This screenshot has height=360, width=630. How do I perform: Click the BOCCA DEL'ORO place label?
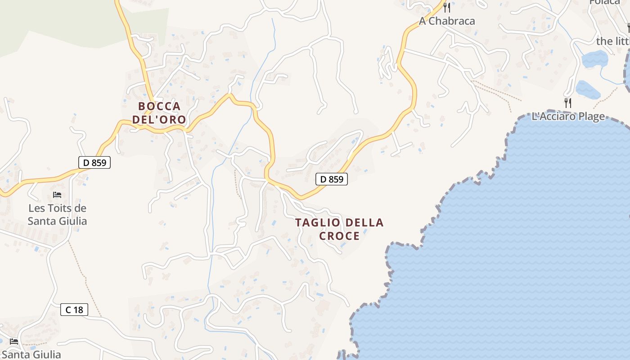pos(159,113)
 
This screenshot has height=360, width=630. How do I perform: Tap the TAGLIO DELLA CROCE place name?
pos(339,229)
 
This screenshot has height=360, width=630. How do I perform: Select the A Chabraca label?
pos(447,21)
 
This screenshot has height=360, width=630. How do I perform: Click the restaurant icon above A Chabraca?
pos(446,8)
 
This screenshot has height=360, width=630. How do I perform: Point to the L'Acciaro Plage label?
pos(568,117)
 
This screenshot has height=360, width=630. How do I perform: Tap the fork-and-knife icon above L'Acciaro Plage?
pos(568,103)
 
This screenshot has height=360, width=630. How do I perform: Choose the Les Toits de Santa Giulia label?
pos(57,215)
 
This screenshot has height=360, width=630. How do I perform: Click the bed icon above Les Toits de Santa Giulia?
pos(57,195)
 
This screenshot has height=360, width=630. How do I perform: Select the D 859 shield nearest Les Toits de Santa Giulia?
pos(94,162)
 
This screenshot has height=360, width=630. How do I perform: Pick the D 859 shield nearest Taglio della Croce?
pos(332,179)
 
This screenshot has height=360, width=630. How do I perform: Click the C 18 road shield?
pos(74,310)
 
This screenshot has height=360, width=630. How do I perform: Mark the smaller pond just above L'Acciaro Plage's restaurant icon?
pos(587,90)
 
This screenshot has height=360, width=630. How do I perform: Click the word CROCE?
pos(339,236)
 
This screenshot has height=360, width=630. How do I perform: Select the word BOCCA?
pos(159,106)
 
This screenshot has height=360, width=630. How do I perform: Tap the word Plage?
pos(590,117)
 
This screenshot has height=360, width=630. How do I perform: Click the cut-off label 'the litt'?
pos(612,41)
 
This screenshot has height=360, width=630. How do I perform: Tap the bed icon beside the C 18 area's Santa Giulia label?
pos(13,342)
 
